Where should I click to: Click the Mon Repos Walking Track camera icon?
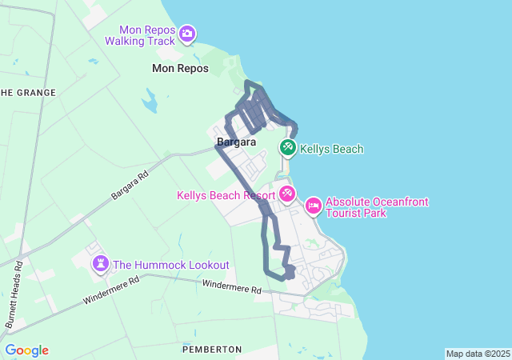pyautogui.click(x=187, y=34)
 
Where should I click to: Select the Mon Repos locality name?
pyautogui.click(x=180, y=69)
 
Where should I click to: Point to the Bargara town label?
pyautogui.click(x=236, y=142)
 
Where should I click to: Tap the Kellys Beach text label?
pyautogui.click(x=332, y=149)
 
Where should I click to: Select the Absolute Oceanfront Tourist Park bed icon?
pyautogui.click(x=313, y=206)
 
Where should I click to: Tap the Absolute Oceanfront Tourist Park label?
pyautogui.click(x=376, y=207)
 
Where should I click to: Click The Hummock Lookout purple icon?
pyautogui.click(x=101, y=264)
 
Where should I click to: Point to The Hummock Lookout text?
pyautogui.click(x=171, y=265)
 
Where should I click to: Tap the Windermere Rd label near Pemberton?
pyautogui.click(x=231, y=286)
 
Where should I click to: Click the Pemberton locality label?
pyautogui.click(x=212, y=350)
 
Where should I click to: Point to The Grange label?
pyautogui.click(x=28, y=93)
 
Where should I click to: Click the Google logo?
pyautogui.click(x=26, y=350)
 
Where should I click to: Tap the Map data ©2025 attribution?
pyautogui.click(x=478, y=354)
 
